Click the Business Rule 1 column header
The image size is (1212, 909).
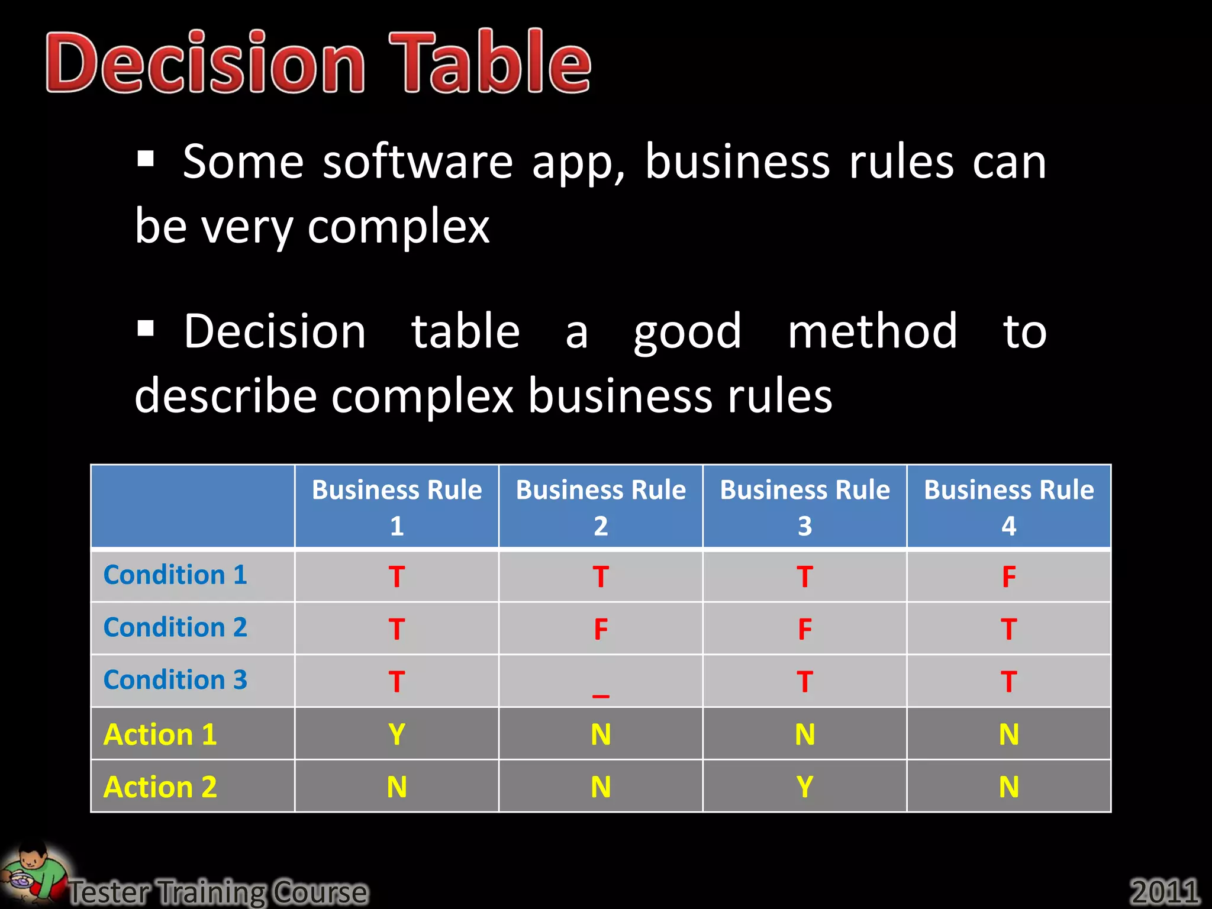[x=397, y=507]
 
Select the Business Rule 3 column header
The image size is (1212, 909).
[x=804, y=507]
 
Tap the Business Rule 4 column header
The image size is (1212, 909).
[x=1008, y=507]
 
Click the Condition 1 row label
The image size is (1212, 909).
[x=175, y=575]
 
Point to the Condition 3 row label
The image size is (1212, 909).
[x=175, y=680]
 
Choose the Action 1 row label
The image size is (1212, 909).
[x=160, y=734]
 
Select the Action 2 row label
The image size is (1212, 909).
[x=160, y=787]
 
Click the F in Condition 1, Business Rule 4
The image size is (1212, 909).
[x=1008, y=577]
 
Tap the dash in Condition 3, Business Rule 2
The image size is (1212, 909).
[x=601, y=695]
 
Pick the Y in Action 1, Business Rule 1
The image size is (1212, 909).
[x=397, y=734]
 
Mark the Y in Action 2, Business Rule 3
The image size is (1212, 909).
[x=804, y=787]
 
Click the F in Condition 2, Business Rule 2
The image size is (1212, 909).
[x=601, y=629]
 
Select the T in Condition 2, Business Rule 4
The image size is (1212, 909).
[x=1008, y=629]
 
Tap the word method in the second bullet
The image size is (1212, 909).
[x=872, y=331]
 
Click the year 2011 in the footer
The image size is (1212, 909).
[x=1164, y=891]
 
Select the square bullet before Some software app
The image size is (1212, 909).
[x=146, y=159]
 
